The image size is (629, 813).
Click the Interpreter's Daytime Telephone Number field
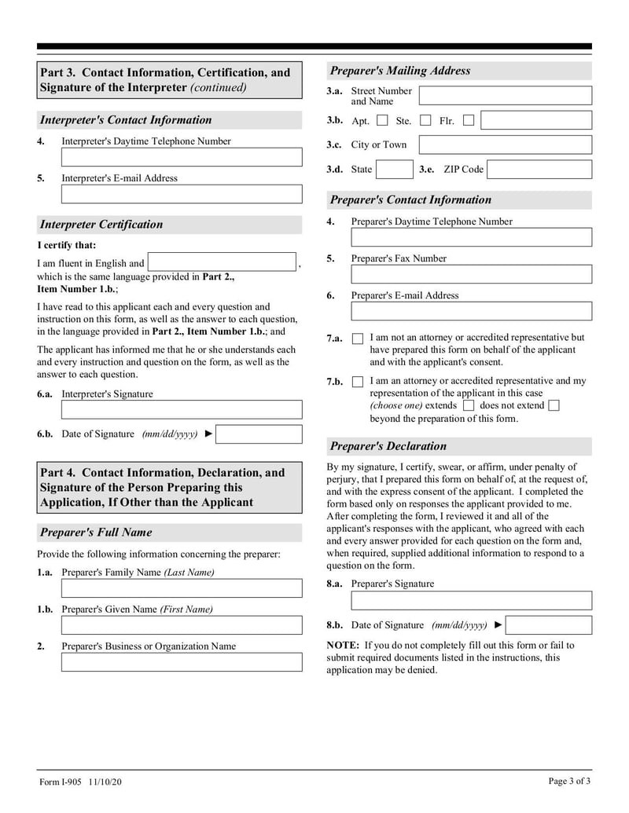[182, 157]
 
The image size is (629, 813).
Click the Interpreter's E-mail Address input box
[182, 194]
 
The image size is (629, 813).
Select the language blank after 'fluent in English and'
[222, 262]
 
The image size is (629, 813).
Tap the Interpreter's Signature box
[182, 409]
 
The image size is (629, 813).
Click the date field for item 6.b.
[259, 434]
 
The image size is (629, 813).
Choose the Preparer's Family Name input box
[182, 588]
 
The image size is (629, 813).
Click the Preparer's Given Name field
[182, 625]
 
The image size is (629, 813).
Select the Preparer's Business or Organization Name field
[182, 662]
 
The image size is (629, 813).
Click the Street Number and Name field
[505, 96]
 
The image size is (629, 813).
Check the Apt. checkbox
[383, 121]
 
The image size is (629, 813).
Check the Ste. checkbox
[425, 121]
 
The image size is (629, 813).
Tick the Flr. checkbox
[469, 121]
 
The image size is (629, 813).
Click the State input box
[394, 170]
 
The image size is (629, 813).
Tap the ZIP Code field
[539, 170]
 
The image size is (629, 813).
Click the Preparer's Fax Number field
[471, 274]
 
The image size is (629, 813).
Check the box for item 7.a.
[358, 339]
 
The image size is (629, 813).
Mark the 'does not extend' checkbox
[554, 406]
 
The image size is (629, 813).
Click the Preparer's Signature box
[471, 601]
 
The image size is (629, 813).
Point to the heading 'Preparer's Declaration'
[388, 446]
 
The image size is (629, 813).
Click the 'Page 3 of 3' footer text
[569, 781]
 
